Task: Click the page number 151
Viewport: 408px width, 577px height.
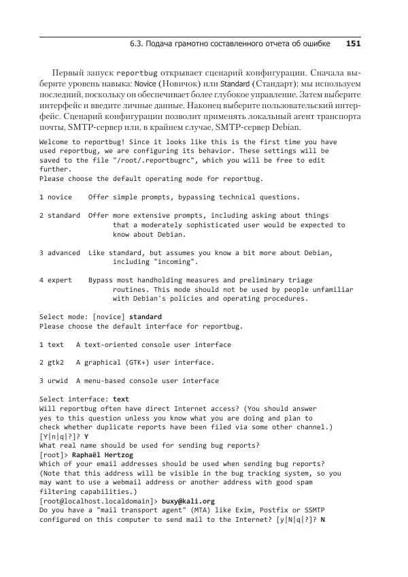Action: [x=353, y=44]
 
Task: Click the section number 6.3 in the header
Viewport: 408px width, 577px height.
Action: [x=136, y=44]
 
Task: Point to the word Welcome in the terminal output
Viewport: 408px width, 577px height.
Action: [x=56, y=142]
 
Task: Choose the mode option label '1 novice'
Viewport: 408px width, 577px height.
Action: [x=56, y=197]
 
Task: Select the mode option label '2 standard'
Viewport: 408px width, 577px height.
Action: [x=60, y=216]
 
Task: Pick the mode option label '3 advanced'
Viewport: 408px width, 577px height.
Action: [x=60, y=252]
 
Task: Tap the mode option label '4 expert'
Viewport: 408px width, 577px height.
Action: [x=56, y=280]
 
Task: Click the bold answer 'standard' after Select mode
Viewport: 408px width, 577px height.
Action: [x=146, y=317]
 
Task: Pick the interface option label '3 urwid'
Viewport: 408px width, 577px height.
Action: [x=54, y=381]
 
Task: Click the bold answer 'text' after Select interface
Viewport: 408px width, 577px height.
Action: [x=121, y=399]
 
